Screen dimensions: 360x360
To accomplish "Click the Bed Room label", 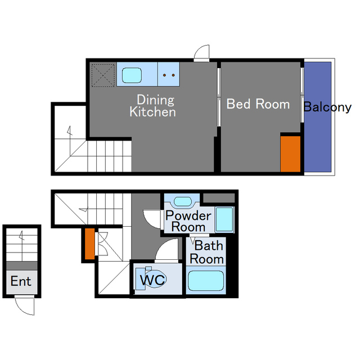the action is tap(258, 104).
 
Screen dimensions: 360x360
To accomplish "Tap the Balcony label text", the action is tap(327, 107).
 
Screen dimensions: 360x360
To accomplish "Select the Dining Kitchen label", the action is tap(153, 106).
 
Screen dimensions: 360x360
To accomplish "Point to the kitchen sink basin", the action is tap(132, 75).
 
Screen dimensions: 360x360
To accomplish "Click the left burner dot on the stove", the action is tap(164, 75).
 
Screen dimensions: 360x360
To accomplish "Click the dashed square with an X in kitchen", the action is tap(103, 75).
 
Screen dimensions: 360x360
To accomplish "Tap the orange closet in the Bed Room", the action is tap(290, 154).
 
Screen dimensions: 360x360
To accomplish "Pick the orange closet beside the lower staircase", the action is tap(90, 244).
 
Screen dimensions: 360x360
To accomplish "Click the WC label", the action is tap(152, 280).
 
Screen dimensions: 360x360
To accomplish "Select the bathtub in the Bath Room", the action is tap(206, 281).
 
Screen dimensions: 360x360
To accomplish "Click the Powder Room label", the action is tap(188, 221).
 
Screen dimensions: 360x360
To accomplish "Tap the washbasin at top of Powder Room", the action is tap(182, 201).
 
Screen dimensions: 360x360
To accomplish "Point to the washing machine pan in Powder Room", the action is tap(224, 219).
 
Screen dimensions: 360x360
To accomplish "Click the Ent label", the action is tap(21, 281).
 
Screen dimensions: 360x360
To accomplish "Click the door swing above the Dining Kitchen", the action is tap(202, 52).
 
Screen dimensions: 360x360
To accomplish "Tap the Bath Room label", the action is tap(207, 253).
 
